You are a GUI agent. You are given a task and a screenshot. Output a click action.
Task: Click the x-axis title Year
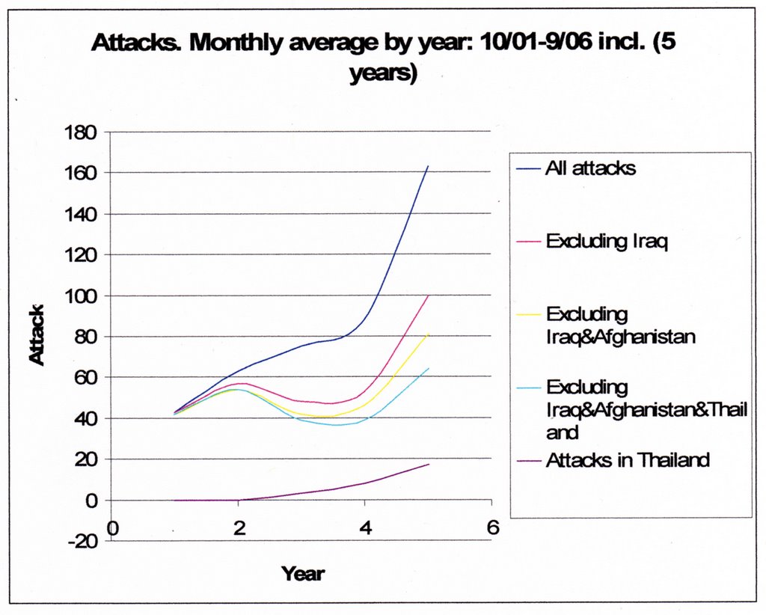[x=303, y=574]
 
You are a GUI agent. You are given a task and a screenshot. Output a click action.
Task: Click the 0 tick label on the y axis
[x=90, y=501]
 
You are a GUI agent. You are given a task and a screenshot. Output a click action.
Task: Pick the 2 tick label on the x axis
[x=239, y=527]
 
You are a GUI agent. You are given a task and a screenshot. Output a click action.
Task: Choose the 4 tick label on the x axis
[x=364, y=527]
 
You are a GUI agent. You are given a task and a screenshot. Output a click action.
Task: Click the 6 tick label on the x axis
[x=491, y=527]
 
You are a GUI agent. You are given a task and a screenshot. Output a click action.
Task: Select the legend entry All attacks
[x=590, y=168]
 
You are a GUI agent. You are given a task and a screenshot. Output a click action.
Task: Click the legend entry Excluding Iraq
[x=607, y=241]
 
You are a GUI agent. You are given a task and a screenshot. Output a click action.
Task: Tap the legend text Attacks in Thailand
[x=627, y=459]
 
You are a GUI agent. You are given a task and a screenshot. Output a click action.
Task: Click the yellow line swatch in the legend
[x=528, y=315]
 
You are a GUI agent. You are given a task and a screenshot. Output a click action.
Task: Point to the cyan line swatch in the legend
[x=528, y=388]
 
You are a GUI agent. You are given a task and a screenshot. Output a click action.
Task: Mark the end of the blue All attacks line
[x=428, y=165]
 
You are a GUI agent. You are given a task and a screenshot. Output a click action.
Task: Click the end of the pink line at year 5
[x=429, y=295]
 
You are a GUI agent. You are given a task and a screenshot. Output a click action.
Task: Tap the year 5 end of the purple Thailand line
[x=429, y=464]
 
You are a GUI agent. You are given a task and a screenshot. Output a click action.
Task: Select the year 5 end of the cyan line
[x=429, y=367]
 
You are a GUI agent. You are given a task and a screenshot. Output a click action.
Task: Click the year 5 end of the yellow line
[x=429, y=334]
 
